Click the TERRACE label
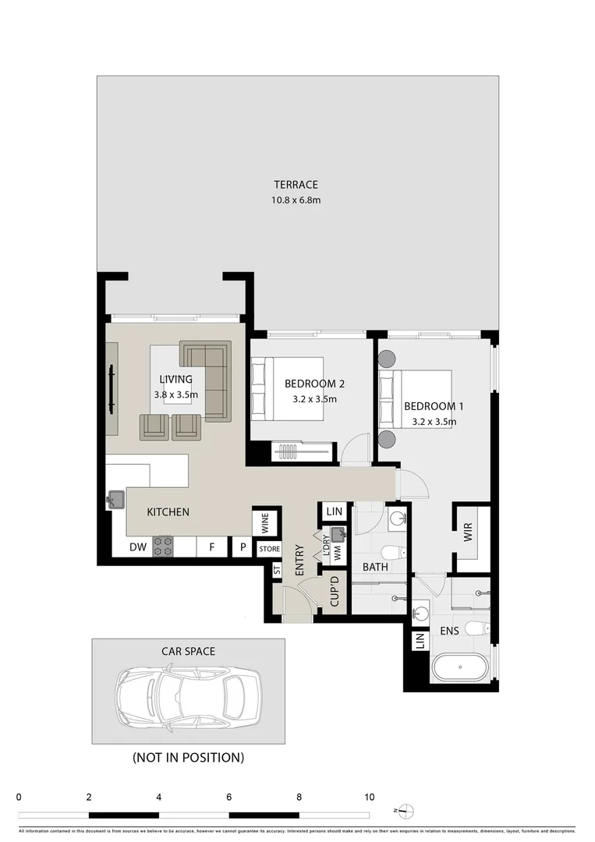click(296, 185)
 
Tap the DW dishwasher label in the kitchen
click(138, 548)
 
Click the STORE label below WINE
click(269, 549)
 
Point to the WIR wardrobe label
click(469, 532)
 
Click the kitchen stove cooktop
click(163, 547)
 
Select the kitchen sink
click(116, 498)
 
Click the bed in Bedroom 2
click(287, 388)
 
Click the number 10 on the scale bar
click(369, 798)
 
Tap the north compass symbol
click(408, 810)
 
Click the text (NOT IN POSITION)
click(188, 757)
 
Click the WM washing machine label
click(337, 551)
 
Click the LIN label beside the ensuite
click(419, 641)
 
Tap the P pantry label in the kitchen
click(243, 548)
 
